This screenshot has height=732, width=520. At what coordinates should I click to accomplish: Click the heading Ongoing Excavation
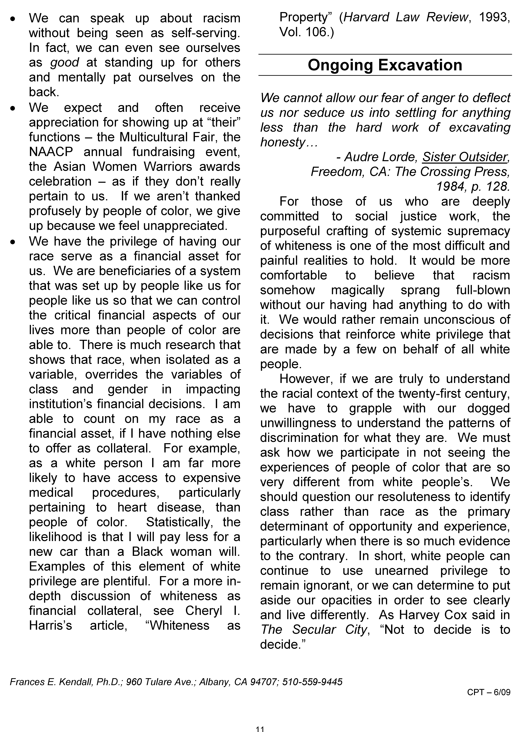pyautogui.click(x=385, y=65)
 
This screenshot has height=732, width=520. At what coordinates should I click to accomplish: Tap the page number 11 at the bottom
pyautogui.click(x=260, y=727)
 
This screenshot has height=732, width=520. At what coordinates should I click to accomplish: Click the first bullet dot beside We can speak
pyautogui.click(x=12, y=19)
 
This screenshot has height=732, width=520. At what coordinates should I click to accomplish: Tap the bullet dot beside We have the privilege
pyautogui.click(x=12, y=242)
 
